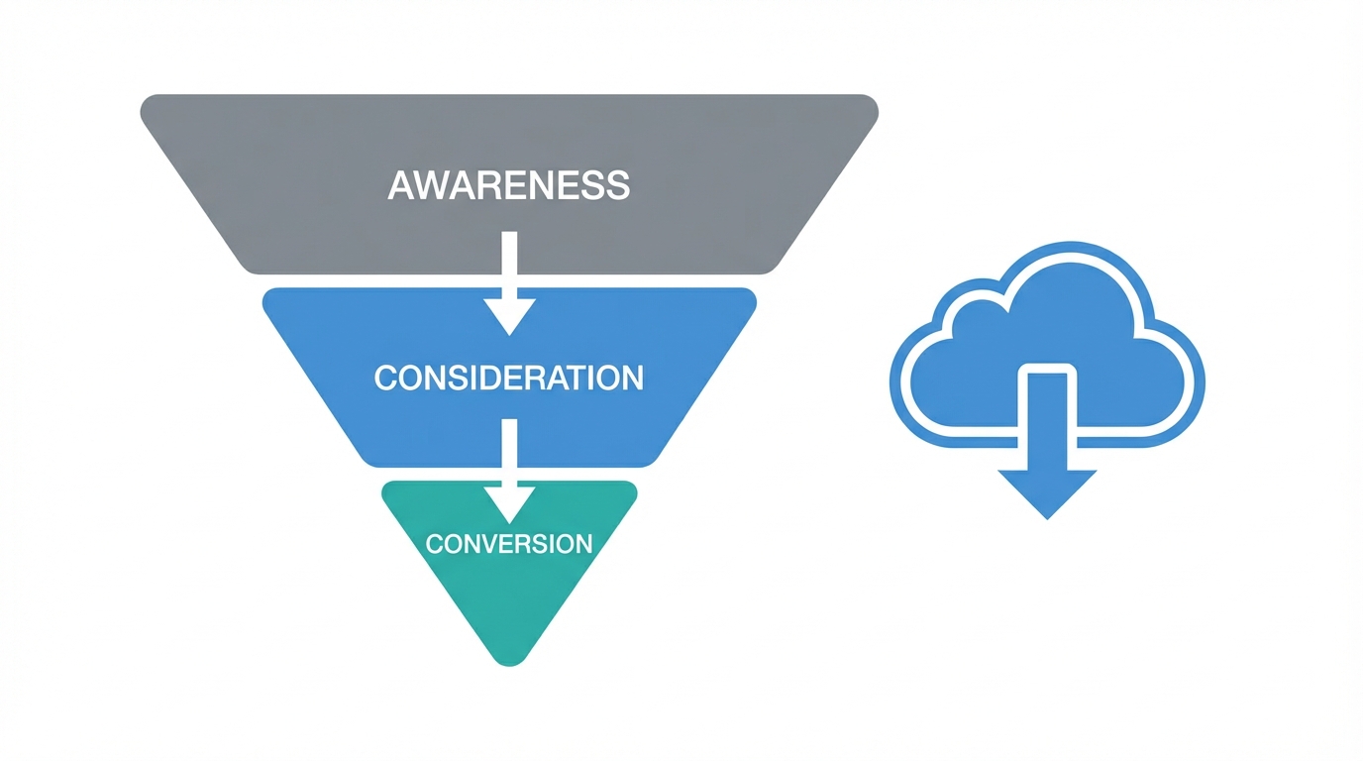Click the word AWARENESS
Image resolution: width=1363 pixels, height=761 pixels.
(508, 186)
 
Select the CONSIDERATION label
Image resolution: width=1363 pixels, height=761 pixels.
(508, 378)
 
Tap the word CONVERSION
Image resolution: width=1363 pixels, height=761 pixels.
(508, 543)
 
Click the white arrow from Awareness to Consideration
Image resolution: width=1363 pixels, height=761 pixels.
(509, 287)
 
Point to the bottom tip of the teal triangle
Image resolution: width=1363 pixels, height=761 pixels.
(509, 663)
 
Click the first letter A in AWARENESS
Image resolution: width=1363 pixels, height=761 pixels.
(400, 186)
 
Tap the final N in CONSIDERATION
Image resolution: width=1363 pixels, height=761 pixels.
(632, 378)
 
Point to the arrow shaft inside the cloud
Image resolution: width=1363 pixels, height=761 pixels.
(1047, 406)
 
